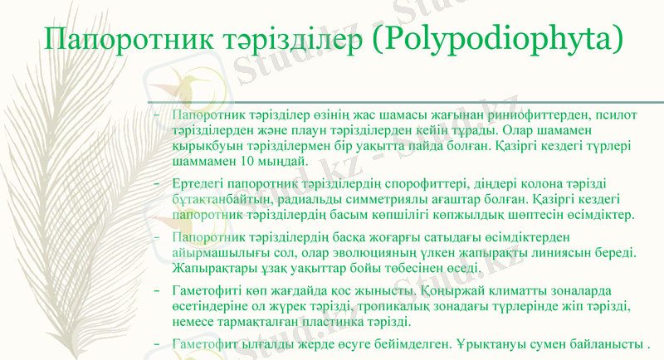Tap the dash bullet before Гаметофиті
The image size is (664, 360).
coord(157,291)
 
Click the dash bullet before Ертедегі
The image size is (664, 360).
coord(157,182)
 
